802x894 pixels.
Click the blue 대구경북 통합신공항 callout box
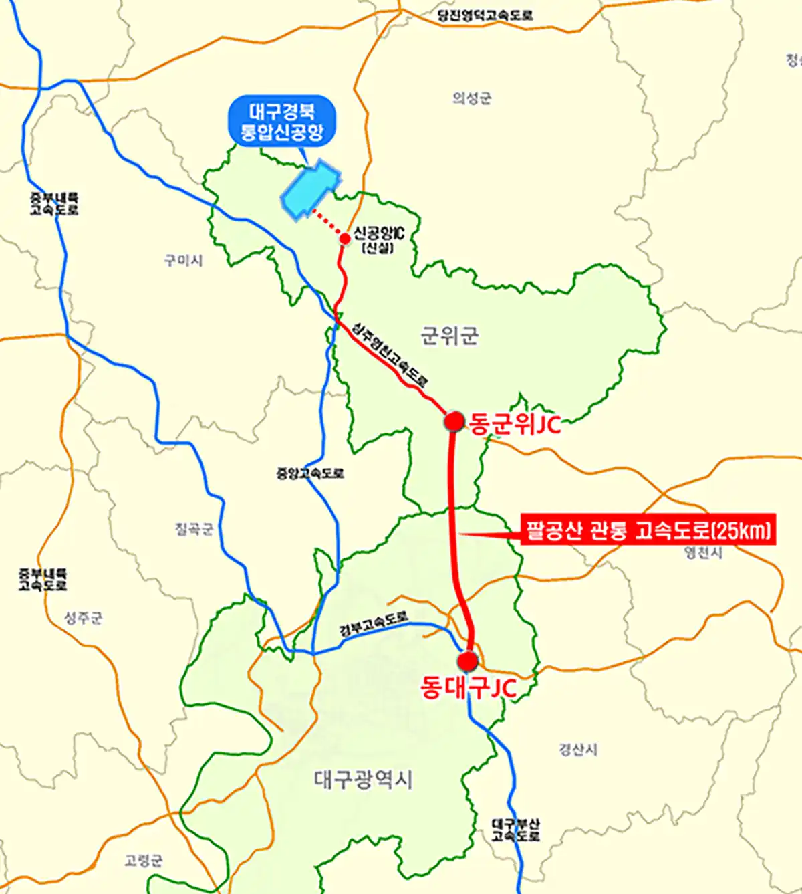(x=281, y=121)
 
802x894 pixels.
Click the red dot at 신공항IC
(x=345, y=239)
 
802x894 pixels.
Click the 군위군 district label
(x=449, y=335)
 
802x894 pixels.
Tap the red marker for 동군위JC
(x=454, y=421)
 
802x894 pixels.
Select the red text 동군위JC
(x=515, y=423)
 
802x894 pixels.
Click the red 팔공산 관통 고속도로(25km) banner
(x=648, y=531)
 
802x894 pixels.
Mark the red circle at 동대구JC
(x=468, y=661)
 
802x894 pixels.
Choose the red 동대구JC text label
(x=469, y=687)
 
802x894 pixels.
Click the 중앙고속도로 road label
(x=310, y=473)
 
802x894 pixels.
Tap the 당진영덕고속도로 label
(x=485, y=15)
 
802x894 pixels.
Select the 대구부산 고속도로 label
(x=515, y=830)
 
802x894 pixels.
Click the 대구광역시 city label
(x=363, y=779)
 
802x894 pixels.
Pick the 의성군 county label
(x=472, y=98)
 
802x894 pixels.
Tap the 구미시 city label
(x=183, y=260)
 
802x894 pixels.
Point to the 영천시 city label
(x=703, y=552)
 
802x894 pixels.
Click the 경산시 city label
(x=578, y=750)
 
